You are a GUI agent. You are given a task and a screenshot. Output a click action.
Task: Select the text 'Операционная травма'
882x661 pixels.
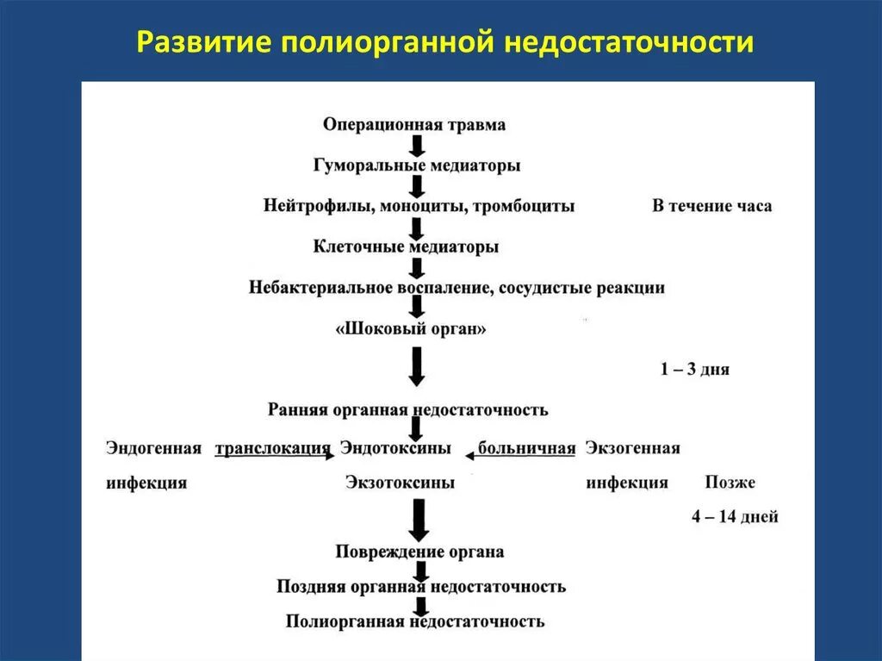(x=414, y=125)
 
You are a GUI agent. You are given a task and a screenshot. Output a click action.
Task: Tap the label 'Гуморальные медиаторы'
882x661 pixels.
(x=417, y=165)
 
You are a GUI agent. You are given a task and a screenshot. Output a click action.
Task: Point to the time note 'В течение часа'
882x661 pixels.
(x=711, y=207)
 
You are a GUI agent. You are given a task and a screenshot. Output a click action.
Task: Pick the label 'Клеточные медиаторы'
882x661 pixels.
(x=407, y=247)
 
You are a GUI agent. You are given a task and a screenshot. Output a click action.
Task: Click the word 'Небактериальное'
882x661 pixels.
(x=320, y=288)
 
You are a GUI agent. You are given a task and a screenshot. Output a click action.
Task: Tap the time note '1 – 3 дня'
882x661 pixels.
(x=694, y=370)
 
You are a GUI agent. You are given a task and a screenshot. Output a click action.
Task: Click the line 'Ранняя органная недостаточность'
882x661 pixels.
(x=407, y=410)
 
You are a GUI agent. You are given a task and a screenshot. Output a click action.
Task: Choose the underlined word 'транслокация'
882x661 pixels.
(x=272, y=448)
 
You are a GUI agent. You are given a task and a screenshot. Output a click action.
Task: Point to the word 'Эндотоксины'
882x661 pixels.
(x=395, y=448)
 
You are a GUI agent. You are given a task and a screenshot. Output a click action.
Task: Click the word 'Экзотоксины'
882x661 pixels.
(x=400, y=483)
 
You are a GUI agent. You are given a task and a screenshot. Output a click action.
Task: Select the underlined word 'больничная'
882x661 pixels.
(x=526, y=448)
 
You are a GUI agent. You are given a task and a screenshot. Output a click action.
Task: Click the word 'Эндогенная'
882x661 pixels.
(x=153, y=448)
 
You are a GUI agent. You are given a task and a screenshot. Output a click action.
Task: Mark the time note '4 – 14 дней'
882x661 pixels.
(x=734, y=517)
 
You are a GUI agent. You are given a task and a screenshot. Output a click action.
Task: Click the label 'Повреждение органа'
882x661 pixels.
(x=419, y=552)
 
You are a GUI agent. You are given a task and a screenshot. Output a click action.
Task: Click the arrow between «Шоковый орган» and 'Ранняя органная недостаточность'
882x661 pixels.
(x=417, y=366)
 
